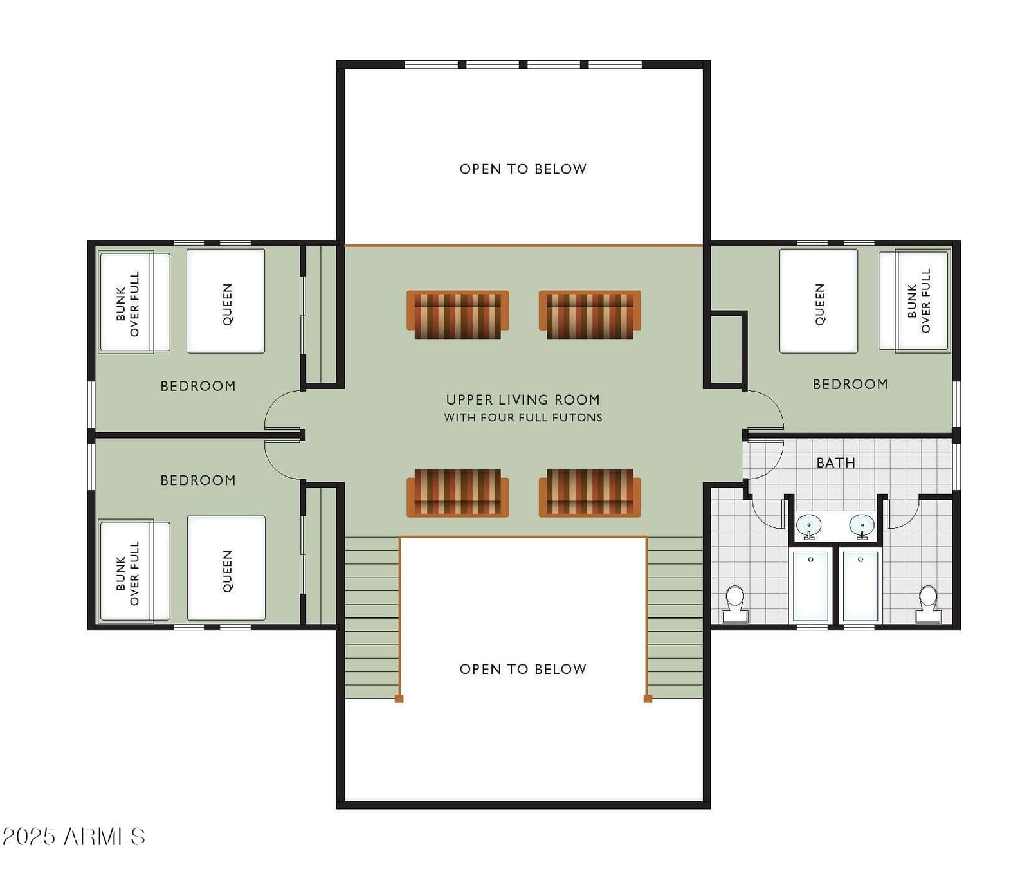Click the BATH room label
(835, 462)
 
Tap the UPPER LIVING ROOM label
(523, 399)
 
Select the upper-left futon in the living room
(457, 315)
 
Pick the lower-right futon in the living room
(590, 493)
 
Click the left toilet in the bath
(735, 604)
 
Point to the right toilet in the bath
(928, 604)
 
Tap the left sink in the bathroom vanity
(808, 526)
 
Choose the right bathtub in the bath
(861, 585)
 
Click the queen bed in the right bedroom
(818, 301)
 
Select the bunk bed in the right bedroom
(915, 301)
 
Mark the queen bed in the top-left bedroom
(226, 301)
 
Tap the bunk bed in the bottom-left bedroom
(134, 571)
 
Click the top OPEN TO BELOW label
(523, 169)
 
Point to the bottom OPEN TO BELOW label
(523, 669)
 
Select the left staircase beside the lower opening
(372, 617)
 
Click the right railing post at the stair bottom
(648, 698)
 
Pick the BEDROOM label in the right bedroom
(850, 384)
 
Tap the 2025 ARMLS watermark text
(73, 836)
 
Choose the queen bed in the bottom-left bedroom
(226, 569)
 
